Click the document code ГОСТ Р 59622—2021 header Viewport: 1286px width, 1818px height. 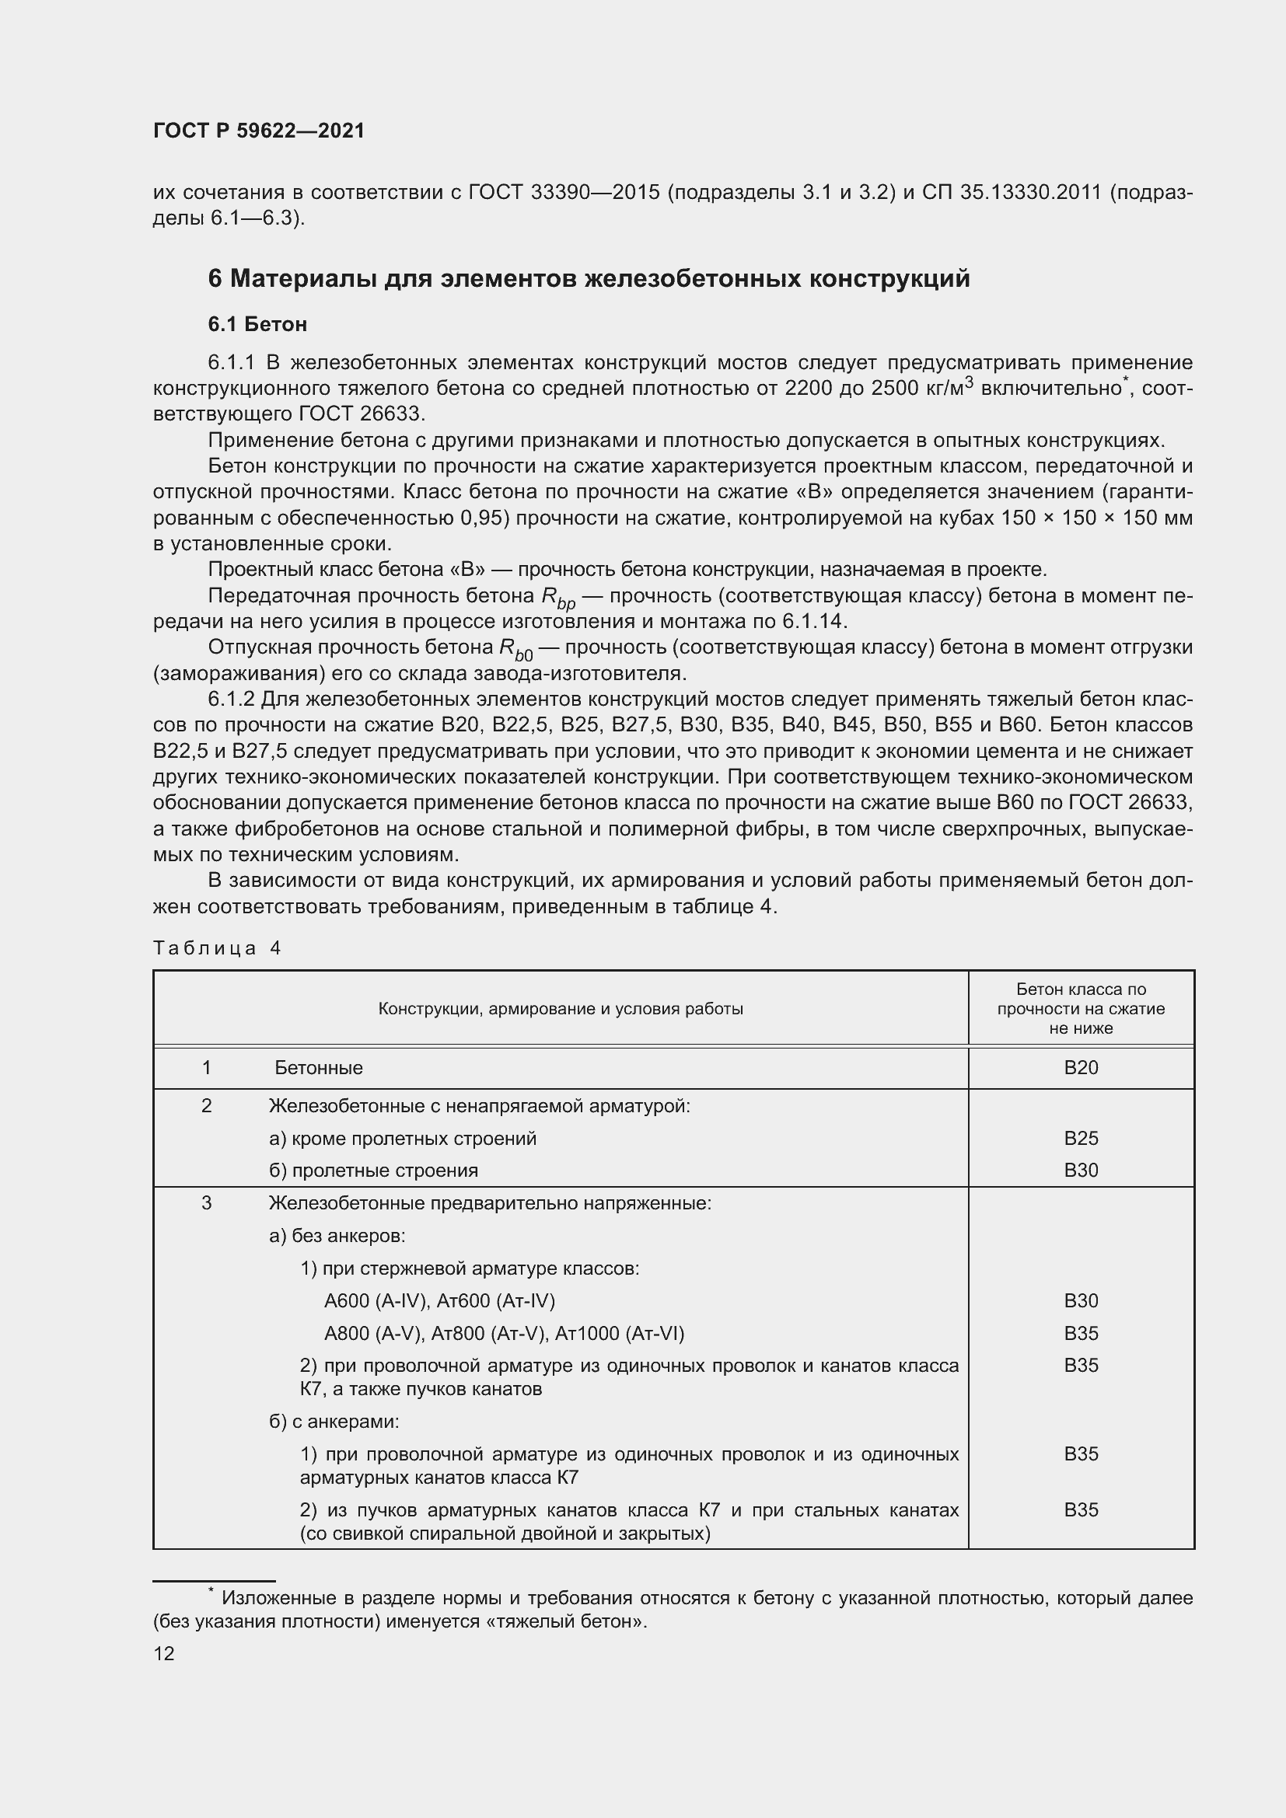tap(259, 131)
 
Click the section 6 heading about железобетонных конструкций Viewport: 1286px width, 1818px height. tap(589, 279)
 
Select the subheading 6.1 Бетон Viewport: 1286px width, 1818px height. tap(257, 324)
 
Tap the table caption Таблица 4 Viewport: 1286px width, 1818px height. tap(217, 947)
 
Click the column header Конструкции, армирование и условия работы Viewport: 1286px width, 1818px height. tap(560, 1008)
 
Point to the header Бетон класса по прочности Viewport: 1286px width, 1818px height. tap(1080, 1008)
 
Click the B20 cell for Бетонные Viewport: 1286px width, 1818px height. tap(1080, 1067)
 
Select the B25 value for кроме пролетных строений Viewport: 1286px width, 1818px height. tap(1080, 1138)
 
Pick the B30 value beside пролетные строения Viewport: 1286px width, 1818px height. tap(1080, 1171)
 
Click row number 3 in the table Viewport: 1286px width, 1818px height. tap(207, 1202)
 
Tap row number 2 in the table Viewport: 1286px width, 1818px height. tap(207, 1105)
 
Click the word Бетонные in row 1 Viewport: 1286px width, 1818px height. tap(318, 1067)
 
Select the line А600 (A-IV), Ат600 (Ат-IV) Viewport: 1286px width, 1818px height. tap(439, 1300)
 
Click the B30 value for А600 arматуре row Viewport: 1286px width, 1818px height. tap(1080, 1300)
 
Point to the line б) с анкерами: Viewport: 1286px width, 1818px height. tap(334, 1422)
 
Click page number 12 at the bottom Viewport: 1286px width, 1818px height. tap(164, 1653)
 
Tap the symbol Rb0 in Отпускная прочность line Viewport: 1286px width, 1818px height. tap(515, 650)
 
